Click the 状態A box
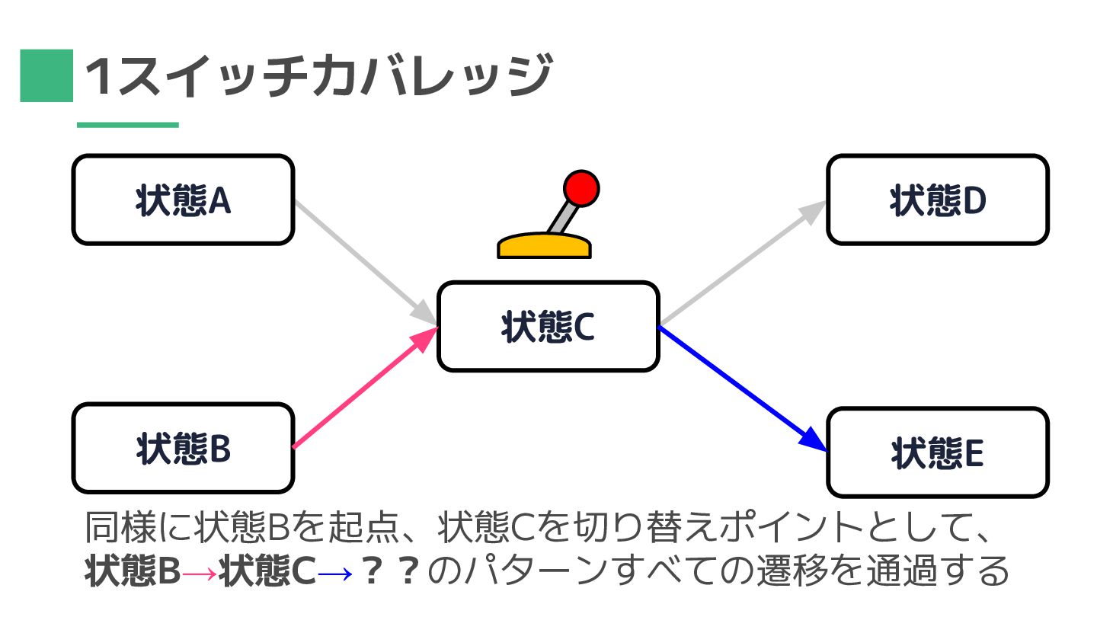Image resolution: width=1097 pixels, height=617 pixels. [183, 200]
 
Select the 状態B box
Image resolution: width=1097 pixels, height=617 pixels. [183, 449]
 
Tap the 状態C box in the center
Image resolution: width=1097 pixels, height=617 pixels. [548, 327]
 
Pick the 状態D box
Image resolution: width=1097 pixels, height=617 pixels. [937, 200]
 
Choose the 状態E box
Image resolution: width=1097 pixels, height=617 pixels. [937, 453]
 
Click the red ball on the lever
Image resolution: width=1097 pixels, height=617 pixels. [581, 188]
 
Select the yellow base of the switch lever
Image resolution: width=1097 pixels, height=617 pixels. [544, 247]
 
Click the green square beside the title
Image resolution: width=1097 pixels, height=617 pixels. [46, 75]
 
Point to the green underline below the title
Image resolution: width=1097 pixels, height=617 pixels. [127, 125]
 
